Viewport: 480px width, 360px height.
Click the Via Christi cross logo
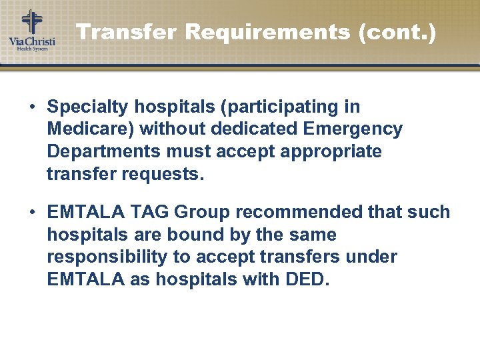tap(31, 22)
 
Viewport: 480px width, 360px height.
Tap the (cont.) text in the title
tap(397, 32)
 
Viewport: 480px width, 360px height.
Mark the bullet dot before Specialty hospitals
tap(32, 107)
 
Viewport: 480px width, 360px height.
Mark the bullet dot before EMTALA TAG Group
tap(32, 213)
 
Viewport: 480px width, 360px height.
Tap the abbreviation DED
tap(309, 279)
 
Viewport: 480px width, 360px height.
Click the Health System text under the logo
tap(32, 49)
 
